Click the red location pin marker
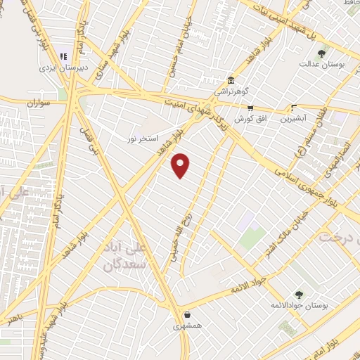point(181,165)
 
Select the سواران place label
point(40,103)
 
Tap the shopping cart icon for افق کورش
point(250,108)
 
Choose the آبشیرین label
point(294,120)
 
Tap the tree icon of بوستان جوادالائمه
point(299,295)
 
